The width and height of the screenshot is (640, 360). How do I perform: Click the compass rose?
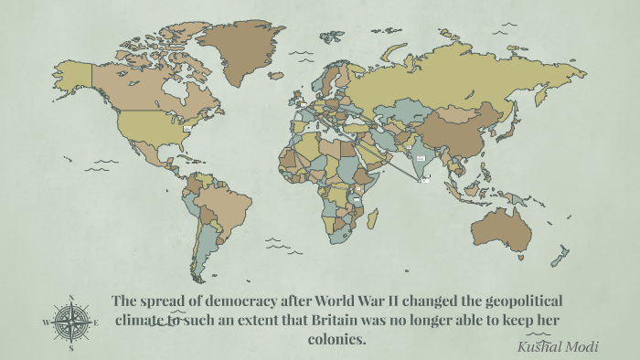pyautogui.click(x=71, y=322)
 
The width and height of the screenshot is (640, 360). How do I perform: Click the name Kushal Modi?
pyautogui.click(x=552, y=347)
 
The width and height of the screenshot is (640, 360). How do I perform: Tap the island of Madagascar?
pyautogui.click(x=372, y=218)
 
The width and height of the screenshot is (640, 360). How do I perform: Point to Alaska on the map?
pyautogui.click(x=73, y=73)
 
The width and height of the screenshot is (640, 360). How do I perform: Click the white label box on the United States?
pyautogui.click(x=187, y=129)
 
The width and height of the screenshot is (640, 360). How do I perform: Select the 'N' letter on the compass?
pyautogui.click(x=71, y=297)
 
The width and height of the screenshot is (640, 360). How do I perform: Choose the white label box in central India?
pyautogui.click(x=421, y=158)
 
